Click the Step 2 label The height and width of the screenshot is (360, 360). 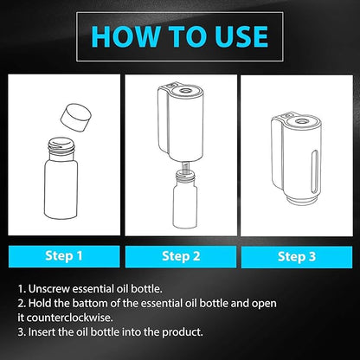[x=181, y=256]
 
